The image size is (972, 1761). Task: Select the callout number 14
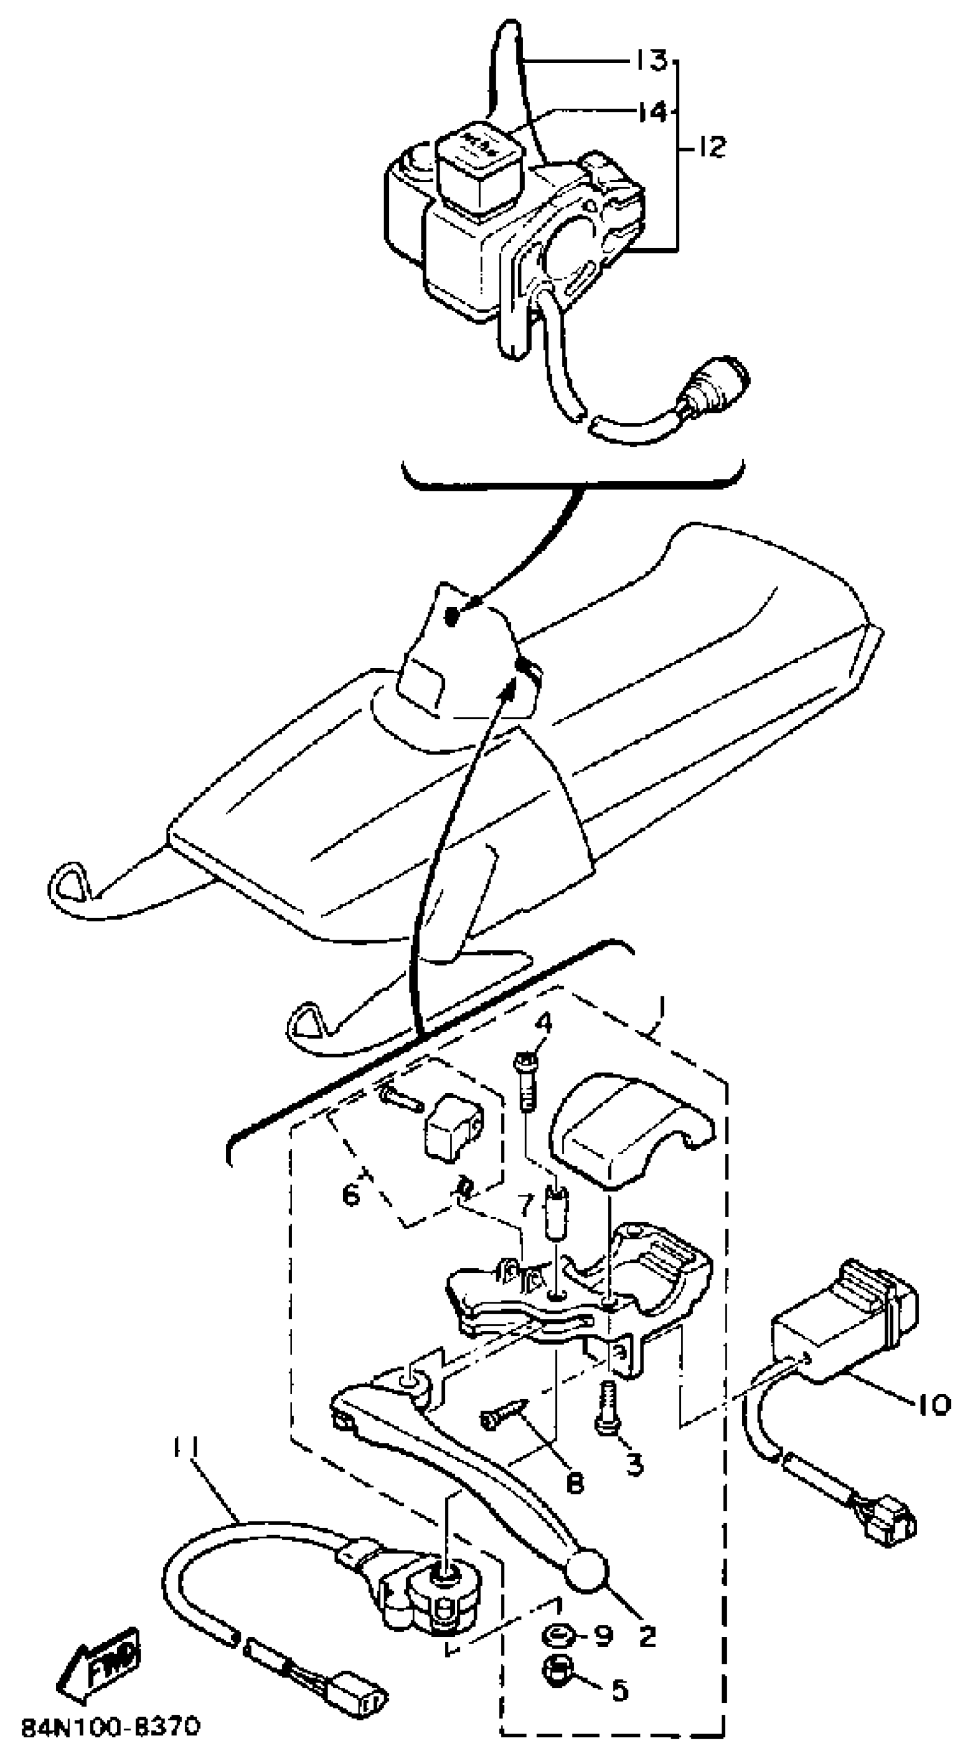tap(652, 112)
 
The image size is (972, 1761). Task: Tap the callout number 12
tap(710, 146)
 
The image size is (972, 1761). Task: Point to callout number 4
tap(544, 1023)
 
